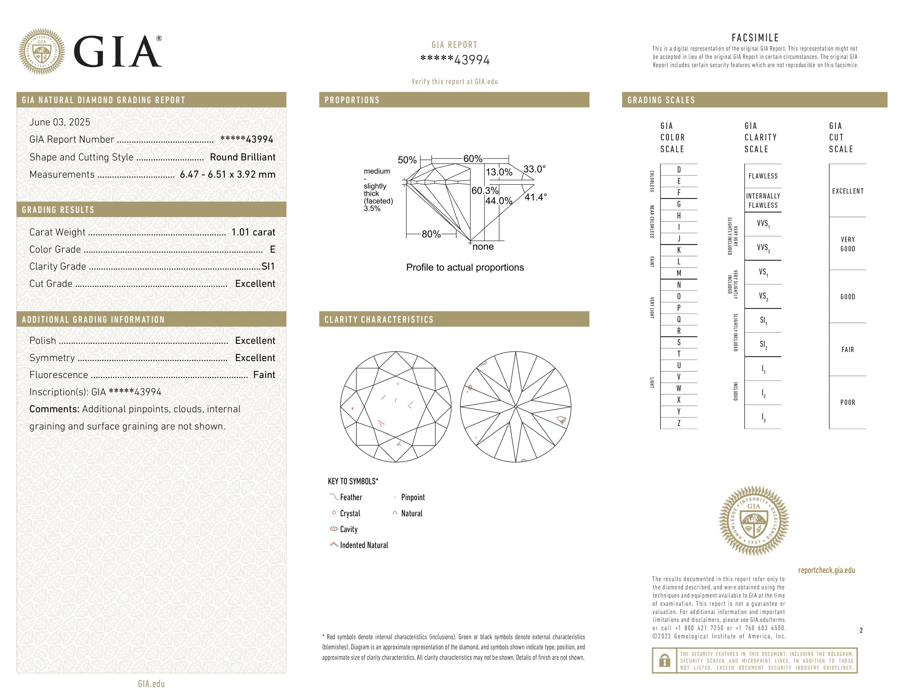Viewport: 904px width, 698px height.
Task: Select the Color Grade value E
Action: [272, 249]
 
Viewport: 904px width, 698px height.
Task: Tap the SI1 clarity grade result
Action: [268, 266]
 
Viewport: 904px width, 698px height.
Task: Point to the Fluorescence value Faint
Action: [264, 375]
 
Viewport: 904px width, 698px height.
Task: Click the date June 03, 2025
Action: [60, 122]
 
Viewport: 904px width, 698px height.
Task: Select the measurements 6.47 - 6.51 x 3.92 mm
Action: [228, 175]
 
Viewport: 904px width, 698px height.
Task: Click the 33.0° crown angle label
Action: [534, 169]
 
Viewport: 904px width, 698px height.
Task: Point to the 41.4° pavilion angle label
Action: [536, 197]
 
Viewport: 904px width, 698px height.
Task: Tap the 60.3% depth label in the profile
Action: [485, 191]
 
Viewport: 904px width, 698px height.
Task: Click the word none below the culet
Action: [483, 247]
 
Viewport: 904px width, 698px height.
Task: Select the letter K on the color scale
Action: [679, 250]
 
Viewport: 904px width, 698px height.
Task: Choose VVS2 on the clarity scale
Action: [763, 248]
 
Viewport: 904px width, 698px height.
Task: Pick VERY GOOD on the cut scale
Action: [848, 244]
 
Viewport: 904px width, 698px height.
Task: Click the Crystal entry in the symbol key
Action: [350, 513]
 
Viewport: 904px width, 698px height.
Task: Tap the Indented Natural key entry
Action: [364, 545]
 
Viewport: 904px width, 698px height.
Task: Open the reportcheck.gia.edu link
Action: [826, 570]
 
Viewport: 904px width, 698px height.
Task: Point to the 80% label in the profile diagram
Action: [431, 234]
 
